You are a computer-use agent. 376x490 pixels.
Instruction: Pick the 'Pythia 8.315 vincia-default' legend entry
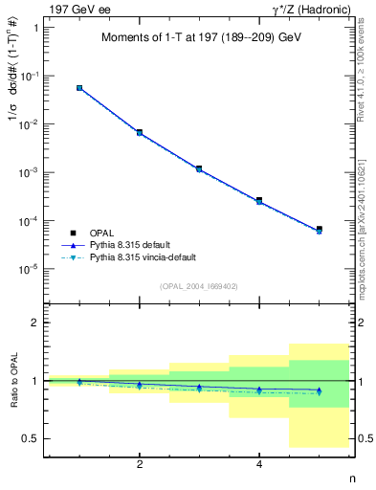[152, 258]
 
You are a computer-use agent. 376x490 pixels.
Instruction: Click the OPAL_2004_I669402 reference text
[199, 285]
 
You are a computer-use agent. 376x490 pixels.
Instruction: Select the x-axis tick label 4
[259, 464]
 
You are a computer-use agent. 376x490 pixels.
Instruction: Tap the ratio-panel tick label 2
[35, 323]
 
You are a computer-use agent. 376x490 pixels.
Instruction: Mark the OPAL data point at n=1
[79, 88]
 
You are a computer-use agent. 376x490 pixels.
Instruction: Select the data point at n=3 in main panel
[199, 168]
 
